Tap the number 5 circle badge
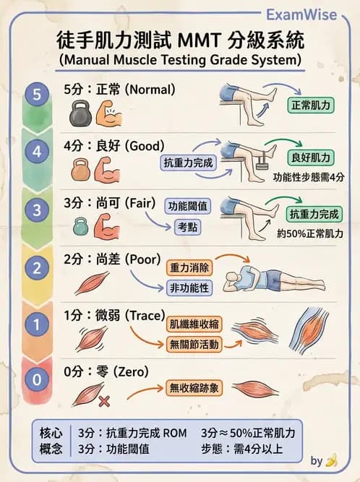(x=37, y=95)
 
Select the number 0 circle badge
(x=37, y=379)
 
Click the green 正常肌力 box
(x=312, y=105)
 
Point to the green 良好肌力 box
(x=312, y=157)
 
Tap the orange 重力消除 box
(x=189, y=267)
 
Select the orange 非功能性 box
(x=189, y=288)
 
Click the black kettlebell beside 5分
(x=81, y=115)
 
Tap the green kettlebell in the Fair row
(x=81, y=227)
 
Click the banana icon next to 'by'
(x=332, y=460)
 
